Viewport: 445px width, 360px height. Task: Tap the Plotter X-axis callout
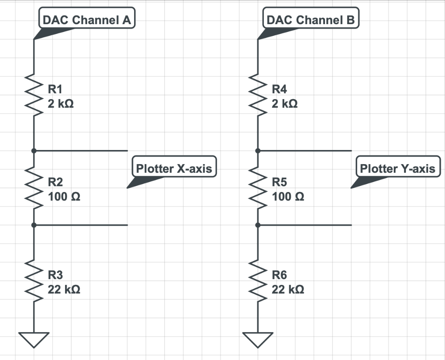coord(174,169)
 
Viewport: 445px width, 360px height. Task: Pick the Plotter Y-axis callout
coord(397,169)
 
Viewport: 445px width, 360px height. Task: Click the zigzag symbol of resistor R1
coord(34,95)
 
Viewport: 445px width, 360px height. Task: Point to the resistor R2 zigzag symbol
coord(34,188)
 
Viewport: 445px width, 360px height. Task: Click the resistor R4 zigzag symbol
coord(257,95)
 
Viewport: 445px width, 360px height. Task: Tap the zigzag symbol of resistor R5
coord(257,188)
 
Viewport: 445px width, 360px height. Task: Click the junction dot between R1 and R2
coord(34,150)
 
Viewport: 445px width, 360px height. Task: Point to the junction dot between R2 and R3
coord(34,225)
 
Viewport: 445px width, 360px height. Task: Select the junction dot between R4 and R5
coord(257,150)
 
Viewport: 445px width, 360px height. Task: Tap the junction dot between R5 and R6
coord(257,225)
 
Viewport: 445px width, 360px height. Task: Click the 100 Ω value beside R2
coord(64,197)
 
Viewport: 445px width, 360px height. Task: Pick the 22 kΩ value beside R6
coord(288,290)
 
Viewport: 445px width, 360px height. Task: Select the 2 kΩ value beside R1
coord(61,104)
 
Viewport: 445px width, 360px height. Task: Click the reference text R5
coord(279,182)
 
